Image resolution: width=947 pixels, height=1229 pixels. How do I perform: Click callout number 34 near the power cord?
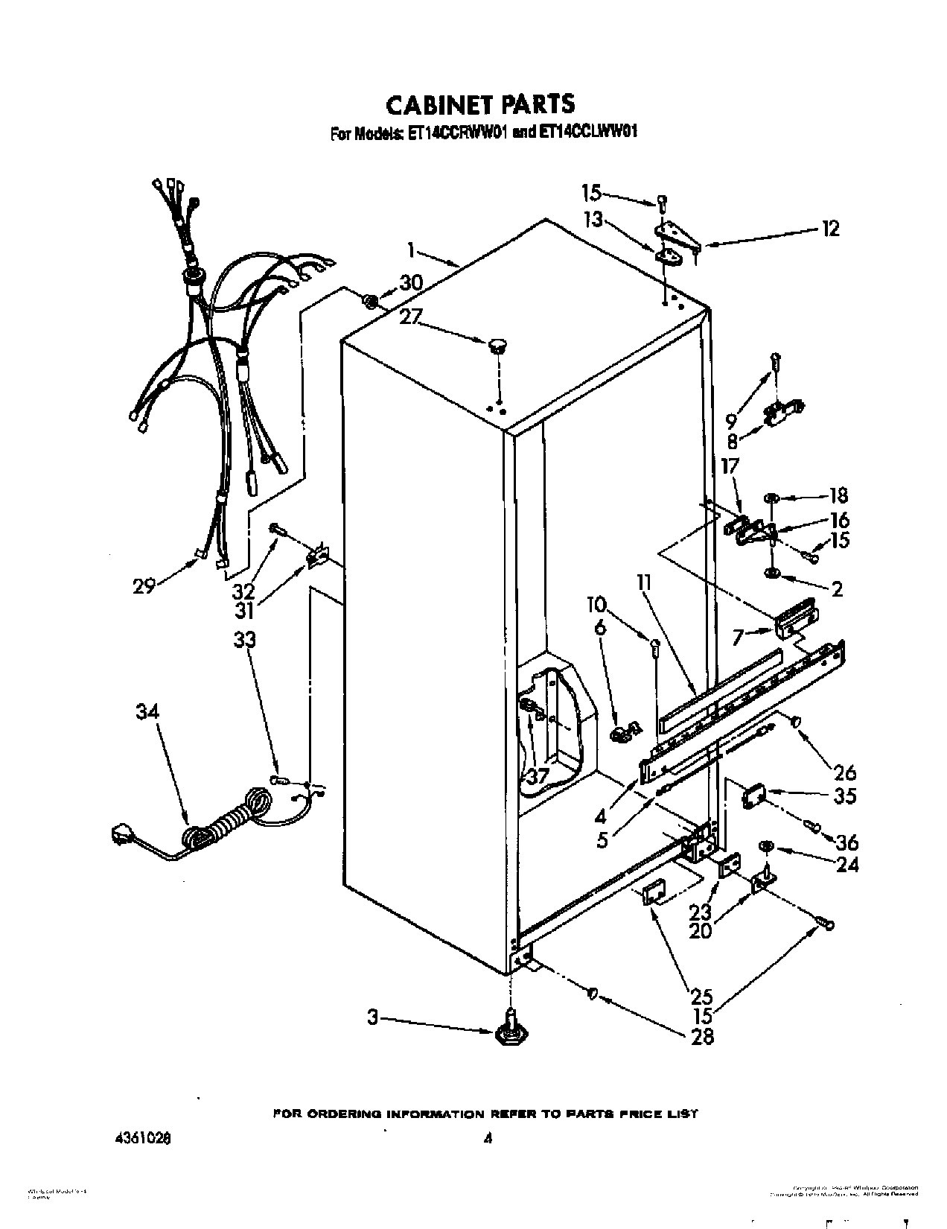click(147, 712)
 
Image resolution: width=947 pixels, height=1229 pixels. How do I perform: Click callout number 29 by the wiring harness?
click(144, 585)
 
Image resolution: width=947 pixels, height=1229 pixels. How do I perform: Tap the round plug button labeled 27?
click(497, 346)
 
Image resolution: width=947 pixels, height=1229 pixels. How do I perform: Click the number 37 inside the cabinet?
click(537, 776)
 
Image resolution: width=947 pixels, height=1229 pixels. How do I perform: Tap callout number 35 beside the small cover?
click(844, 796)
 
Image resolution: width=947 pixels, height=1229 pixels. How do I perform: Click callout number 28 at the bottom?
click(702, 1035)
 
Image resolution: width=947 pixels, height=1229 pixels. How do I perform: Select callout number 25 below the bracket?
click(701, 996)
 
